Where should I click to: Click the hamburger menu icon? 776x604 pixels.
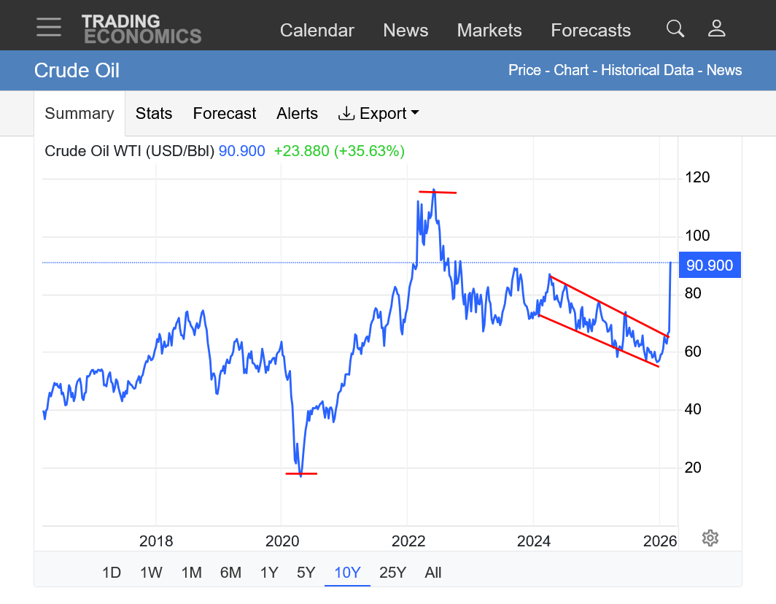49,27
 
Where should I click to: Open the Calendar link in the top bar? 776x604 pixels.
317,30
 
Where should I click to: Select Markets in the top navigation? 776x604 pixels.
489,30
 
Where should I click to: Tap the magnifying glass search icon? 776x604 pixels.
675,28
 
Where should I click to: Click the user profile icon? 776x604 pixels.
716,28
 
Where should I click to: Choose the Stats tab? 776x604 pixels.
154,113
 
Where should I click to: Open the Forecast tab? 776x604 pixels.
224,113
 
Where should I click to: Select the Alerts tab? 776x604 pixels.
297,113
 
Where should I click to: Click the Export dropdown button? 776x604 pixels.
379,113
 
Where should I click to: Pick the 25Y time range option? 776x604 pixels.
392,573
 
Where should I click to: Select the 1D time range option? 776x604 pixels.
111,573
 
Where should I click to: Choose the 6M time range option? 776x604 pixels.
230,573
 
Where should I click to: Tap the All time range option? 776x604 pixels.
433,573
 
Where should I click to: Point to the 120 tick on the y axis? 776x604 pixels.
697,177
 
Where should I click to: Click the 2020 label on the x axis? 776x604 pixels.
282,541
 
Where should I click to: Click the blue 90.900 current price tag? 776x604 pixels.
710,265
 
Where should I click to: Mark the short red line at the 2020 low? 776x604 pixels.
301,473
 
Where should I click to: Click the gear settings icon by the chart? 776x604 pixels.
710,538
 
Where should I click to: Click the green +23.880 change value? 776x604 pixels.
301,151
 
